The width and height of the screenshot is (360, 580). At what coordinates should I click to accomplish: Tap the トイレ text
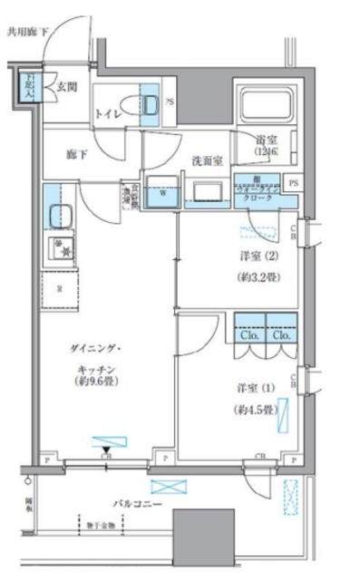[x=111, y=113]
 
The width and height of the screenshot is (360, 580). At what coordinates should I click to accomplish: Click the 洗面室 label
[x=206, y=159]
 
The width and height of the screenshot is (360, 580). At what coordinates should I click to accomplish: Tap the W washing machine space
[x=161, y=192]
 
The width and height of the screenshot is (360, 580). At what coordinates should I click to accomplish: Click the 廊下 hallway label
[x=78, y=155]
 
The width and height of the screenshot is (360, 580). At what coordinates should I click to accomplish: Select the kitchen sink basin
[x=62, y=217]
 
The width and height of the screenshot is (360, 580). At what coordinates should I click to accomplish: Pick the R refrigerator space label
[x=58, y=289]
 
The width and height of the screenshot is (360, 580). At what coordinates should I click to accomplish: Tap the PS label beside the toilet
[x=170, y=102]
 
